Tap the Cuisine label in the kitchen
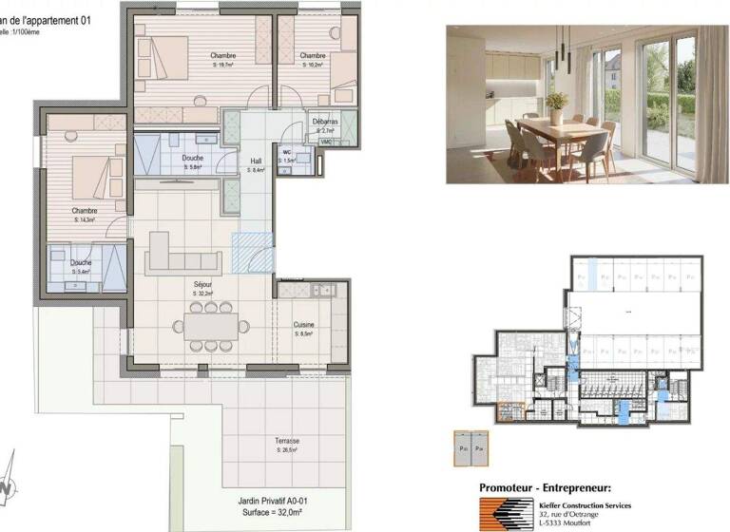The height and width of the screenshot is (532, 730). pyautogui.click(x=304, y=324)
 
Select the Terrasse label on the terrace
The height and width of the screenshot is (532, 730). pyautogui.click(x=288, y=441)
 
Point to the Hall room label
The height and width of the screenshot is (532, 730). pyautogui.click(x=256, y=161)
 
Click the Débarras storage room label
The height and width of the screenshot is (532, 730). pyautogui.click(x=326, y=122)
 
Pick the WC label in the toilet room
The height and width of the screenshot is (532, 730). pyautogui.click(x=286, y=151)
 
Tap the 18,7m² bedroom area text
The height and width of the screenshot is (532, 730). pyautogui.click(x=223, y=66)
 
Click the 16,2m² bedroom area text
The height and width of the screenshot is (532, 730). pyautogui.click(x=314, y=66)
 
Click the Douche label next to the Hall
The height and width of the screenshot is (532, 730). pyautogui.click(x=191, y=157)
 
